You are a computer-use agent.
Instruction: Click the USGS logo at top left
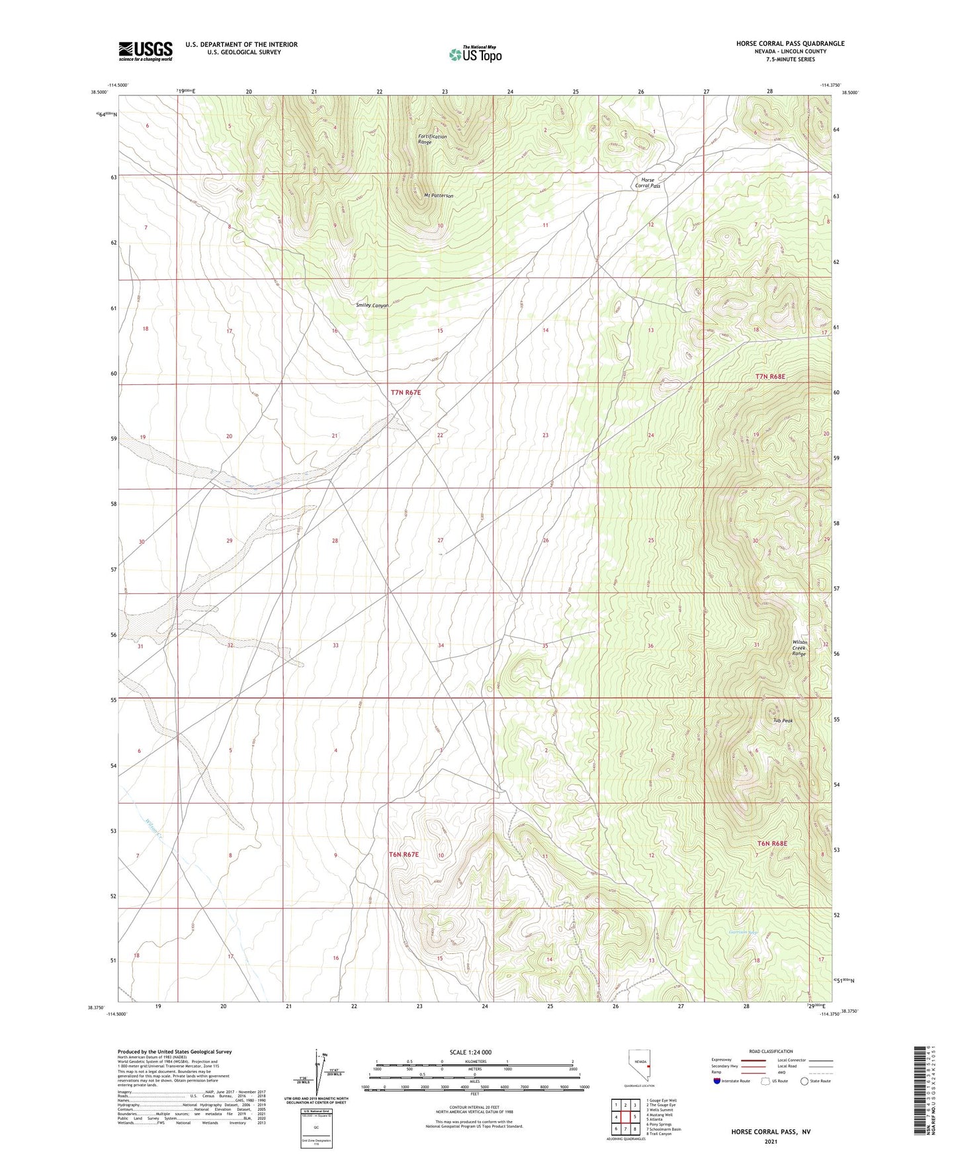[x=146, y=50]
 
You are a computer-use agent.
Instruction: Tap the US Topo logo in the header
[x=475, y=54]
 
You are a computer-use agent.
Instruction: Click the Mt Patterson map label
[x=438, y=196]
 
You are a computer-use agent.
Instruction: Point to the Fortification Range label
[x=432, y=139]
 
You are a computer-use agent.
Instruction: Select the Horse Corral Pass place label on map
[x=648, y=183]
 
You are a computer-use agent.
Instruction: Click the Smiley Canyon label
[x=372, y=305]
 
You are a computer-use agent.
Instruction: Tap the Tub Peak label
[x=783, y=720]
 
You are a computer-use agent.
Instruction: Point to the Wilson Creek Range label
[x=799, y=648]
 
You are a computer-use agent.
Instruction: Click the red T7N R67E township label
[x=406, y=392]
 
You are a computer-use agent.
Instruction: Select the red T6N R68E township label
[x=771, y=843]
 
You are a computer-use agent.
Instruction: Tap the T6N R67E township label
[x=404, y=855]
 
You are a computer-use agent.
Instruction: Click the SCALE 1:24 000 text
[x=470, y=1052]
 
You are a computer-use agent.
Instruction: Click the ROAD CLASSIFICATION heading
[x=771, y=1051]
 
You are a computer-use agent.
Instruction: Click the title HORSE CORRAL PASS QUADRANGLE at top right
[x=790, y=44]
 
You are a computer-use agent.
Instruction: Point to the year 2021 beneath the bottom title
[x=770, y=1142]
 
